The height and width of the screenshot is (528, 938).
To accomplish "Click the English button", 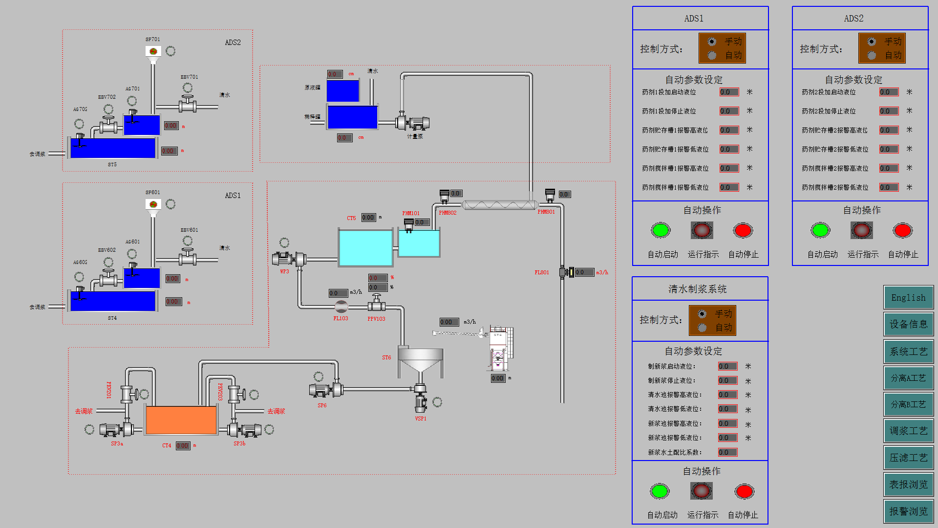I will coord(908,298).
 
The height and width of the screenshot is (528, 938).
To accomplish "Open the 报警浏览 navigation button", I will coord(908,511).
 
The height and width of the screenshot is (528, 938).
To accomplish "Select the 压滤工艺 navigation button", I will coord(908,458).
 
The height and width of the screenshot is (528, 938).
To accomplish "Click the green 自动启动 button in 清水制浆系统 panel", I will coord(660,491).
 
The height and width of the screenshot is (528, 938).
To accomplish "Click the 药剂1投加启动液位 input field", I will coord(729,92).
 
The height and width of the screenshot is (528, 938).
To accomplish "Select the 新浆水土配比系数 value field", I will coord(727,452).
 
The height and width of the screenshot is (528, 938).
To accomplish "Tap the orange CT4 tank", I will coord(181,420).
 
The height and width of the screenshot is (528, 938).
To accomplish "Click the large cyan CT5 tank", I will coord(365,248).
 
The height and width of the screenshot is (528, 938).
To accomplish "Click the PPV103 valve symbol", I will coord(376,304).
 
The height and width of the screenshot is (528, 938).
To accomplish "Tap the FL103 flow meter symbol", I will coord(341,307).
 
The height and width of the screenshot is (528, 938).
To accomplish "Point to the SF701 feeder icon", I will coord(153,51).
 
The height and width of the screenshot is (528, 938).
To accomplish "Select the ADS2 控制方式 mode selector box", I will coord(882,48).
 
